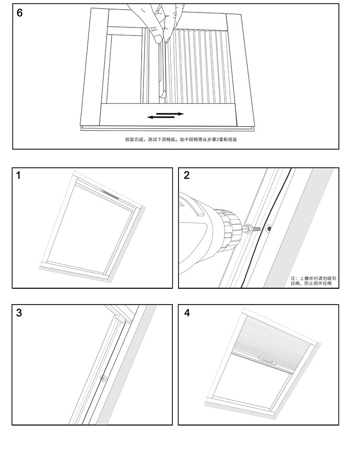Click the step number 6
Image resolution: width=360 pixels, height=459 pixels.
20,13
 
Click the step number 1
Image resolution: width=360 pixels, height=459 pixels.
19,176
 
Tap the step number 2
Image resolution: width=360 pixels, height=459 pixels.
187,176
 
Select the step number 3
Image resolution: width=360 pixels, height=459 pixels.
19,313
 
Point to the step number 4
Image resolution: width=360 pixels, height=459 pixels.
187,313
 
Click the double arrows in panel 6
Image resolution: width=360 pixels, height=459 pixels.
165,115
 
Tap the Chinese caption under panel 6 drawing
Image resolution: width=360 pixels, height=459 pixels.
181,140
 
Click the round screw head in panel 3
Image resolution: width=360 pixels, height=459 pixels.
102,378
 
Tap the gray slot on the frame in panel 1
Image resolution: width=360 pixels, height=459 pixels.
111,194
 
